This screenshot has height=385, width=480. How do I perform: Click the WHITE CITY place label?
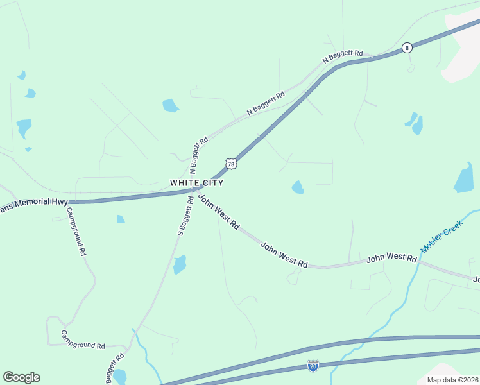197,183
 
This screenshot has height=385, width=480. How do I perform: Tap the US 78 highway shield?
232,164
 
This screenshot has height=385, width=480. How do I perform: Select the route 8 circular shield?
407,48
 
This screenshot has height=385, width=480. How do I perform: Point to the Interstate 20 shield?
313,365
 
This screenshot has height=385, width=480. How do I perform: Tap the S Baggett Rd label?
184,216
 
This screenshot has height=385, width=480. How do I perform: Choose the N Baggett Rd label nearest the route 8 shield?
343,56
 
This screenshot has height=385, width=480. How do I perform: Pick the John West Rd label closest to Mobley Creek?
391,257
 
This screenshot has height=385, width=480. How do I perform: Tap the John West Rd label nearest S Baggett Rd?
219,212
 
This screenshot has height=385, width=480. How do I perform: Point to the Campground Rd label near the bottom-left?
83,340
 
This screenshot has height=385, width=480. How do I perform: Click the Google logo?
21,377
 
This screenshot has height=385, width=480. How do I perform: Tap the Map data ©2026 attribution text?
452,381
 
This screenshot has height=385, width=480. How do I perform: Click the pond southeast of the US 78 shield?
298,187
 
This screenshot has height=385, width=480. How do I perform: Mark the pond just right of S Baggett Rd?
180,264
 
